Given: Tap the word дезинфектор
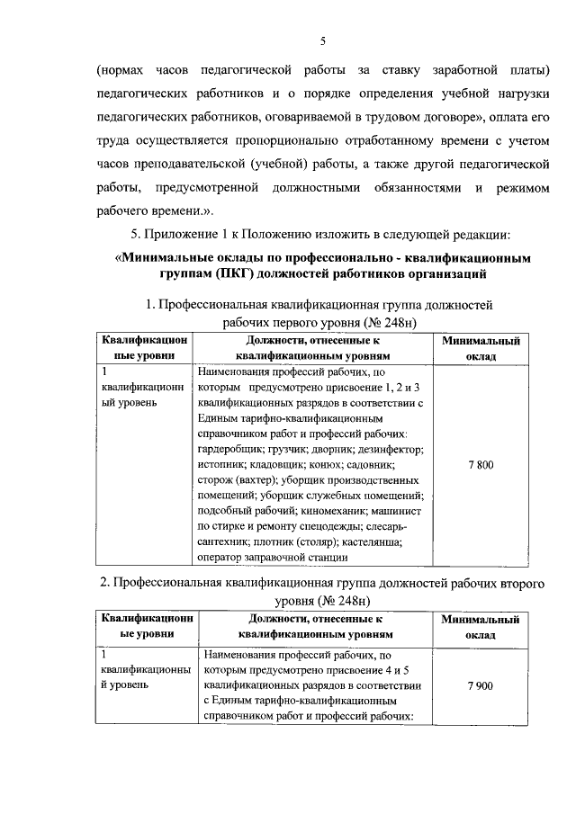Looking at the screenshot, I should tap(389, 449).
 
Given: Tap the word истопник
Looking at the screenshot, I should tap(220, 465).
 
